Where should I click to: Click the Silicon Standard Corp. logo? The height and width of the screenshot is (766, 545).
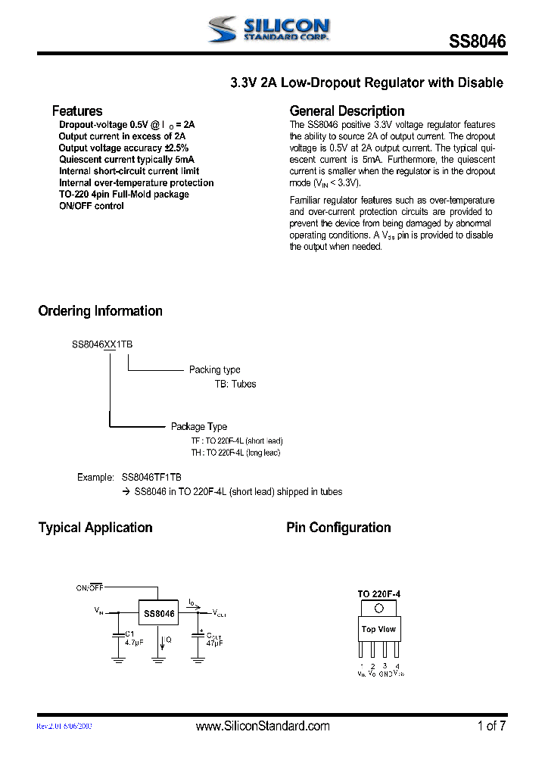coord(268,30)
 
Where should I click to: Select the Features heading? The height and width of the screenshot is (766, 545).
coord(76,111)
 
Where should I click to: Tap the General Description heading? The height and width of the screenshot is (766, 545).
coord(347,111)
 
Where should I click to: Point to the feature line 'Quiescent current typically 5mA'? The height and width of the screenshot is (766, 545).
coord(126,160)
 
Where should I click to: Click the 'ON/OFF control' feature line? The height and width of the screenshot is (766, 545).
coord(91,206)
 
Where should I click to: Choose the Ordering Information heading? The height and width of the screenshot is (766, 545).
coord(100,311)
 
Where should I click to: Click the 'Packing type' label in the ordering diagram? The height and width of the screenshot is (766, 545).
coord(214,369)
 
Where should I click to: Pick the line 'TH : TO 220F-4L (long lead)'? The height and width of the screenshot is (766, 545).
coord(235,452)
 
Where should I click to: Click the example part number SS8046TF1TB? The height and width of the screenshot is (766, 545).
coord(151,478)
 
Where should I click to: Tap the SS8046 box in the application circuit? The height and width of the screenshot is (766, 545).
coord(158,614)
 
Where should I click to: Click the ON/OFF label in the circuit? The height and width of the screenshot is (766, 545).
coord(89,587)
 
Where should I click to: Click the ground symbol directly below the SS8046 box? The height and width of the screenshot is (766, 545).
coord(158,659)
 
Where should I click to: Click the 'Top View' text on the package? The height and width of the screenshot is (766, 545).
coord(378,629)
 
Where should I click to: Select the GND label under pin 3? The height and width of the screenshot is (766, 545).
coord(385,673)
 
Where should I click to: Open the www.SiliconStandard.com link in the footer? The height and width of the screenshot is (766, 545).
coord(263,726)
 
